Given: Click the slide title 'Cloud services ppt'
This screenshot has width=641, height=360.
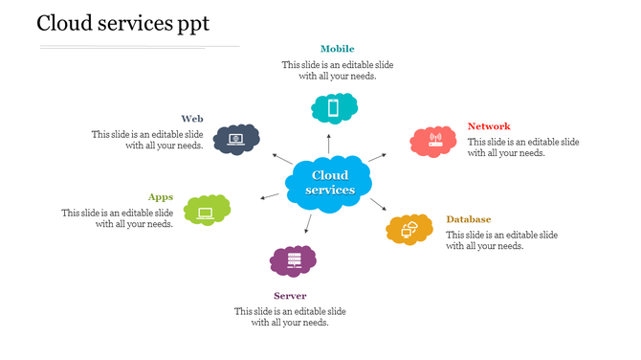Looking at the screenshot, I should point(123,23).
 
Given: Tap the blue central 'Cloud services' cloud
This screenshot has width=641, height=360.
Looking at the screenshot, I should point(329,181).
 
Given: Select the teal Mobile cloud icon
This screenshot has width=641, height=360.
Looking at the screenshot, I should point(334,108).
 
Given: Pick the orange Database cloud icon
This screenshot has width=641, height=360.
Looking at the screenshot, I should point(409,230).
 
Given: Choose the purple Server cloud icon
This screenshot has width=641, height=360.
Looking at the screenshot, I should point(293,260).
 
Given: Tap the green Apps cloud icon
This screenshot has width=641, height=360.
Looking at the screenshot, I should point(207,210).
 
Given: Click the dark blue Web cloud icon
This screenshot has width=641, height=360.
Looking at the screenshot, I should point(236,140).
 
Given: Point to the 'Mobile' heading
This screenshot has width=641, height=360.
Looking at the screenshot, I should point(337,49).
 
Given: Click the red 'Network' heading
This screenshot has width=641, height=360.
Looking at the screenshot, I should point(489,126).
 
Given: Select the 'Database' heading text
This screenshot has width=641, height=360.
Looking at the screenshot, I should point(468,219).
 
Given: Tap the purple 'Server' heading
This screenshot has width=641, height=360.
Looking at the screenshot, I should point(290,296).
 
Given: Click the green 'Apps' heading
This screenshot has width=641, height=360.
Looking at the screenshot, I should point(161,197).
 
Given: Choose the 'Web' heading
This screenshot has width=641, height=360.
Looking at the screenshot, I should point(192,119).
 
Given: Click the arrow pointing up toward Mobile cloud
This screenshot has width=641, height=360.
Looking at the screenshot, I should point(329,144).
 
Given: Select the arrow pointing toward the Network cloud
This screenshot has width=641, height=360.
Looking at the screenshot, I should point(377,156).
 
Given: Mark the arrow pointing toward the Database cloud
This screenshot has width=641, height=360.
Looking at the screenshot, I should point(378,205).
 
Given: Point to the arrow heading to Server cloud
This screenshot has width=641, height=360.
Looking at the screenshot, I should point(307,224).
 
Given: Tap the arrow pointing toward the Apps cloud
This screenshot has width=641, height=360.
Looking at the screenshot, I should point(269,197).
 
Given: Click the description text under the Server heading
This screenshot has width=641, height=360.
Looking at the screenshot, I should point(290,317).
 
